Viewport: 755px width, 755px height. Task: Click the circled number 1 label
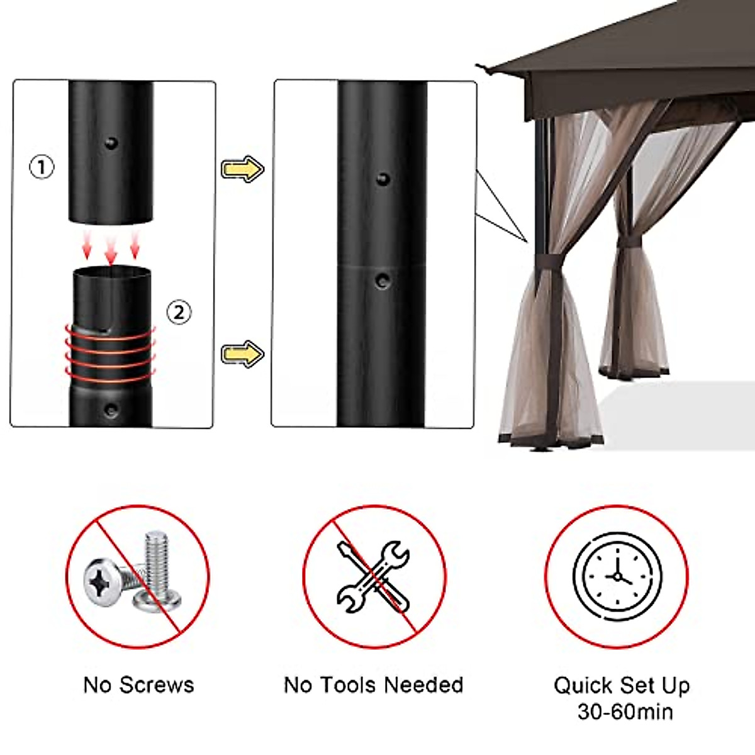[x=42, y=167]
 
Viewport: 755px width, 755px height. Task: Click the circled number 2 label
[x=179, y=311]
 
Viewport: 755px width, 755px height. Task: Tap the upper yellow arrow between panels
[x=242, y=169]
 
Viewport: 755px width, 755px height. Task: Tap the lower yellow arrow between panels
[x=242, y=354]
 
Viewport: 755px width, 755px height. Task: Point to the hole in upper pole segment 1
[x=111, y=143]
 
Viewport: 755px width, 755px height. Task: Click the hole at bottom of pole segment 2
[x=111, y=410]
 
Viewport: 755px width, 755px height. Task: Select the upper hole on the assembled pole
[x=382, y=179]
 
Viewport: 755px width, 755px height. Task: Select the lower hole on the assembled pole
[x=382, y=280]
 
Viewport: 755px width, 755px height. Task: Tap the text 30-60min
[x=625, y=712]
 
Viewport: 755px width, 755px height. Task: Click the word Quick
[x=583, y=685]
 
